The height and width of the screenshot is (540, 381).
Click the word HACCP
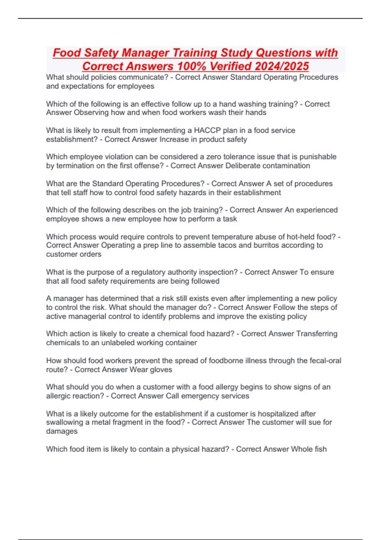click(207, 130)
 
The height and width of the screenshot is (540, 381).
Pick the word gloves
click(162, 369)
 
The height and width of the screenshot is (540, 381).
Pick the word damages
click(62, 431)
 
